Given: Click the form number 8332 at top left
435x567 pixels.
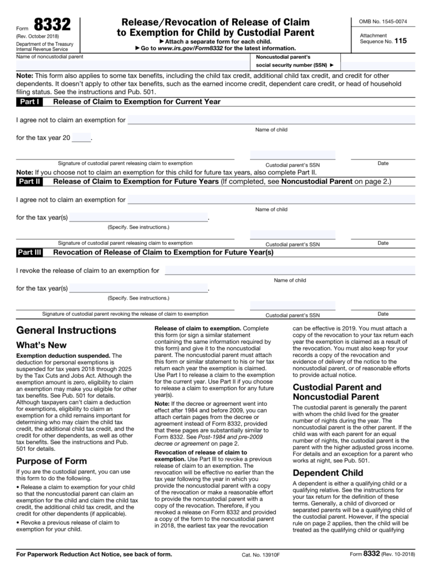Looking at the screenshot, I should click(x=52, y=26).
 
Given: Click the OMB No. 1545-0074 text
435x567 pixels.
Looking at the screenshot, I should click(x=383, y=22).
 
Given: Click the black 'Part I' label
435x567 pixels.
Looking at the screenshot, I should click(x=29, y=102).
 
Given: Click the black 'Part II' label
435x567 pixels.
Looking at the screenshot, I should click(x=29, y=181).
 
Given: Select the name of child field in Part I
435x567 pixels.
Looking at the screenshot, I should click(x=271, y=120).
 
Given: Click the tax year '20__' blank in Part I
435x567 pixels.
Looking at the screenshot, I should click(x=81, y=137).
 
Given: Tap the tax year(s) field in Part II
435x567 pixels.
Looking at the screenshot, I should click(x=138, y=217).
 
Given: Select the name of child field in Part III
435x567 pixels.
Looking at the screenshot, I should click(x=290, y=270).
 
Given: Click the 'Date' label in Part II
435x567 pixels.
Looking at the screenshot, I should click(x=383, y=243).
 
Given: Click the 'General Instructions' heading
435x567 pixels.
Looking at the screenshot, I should click(x=66, y=331).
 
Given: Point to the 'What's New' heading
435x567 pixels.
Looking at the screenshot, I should click(x=42, y=346).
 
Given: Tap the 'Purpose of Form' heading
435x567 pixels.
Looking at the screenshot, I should click(x=52, y=461).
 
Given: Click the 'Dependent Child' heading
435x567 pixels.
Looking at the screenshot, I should click(x=327, y=473).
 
